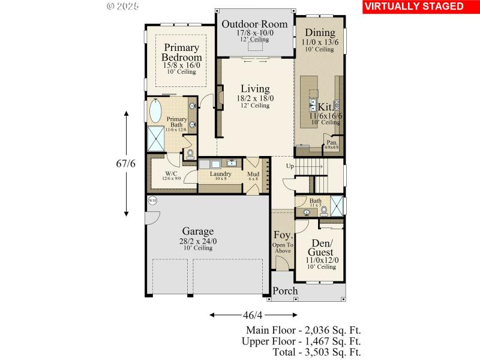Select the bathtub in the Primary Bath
[x=154, y=112]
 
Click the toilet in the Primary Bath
[x=190, y=154]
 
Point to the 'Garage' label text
[x=197, y=232]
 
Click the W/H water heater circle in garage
[x=152, y=201]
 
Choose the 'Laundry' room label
[x=221, y=174]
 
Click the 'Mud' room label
[x=253, y=174]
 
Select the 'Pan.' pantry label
[x=331, y=142]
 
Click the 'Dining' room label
[x=320, y=33]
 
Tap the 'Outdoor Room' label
[x=254, y=25]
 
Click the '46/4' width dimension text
[x=253, y=314]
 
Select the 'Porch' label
[x=285, y=291]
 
